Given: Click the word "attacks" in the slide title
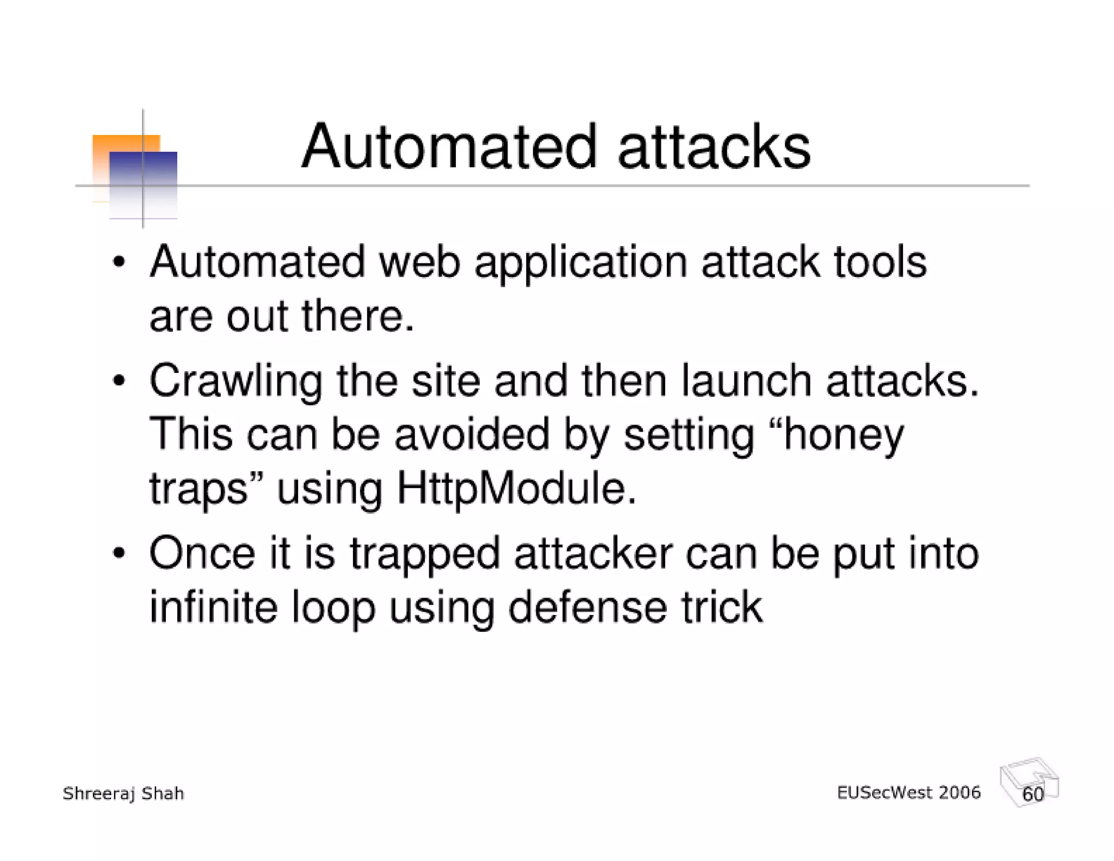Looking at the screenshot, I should (714, 147).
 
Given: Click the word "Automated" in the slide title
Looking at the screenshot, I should (449, 147).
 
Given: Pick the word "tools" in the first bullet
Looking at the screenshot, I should (880, 262).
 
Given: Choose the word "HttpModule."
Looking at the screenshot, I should (516, 489).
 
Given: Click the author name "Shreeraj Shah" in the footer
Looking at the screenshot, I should (123, 794).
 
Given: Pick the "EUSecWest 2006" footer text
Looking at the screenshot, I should (908, 792).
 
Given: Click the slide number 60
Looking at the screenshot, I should (1033, 794).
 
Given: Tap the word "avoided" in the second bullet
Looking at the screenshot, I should (472, 435).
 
